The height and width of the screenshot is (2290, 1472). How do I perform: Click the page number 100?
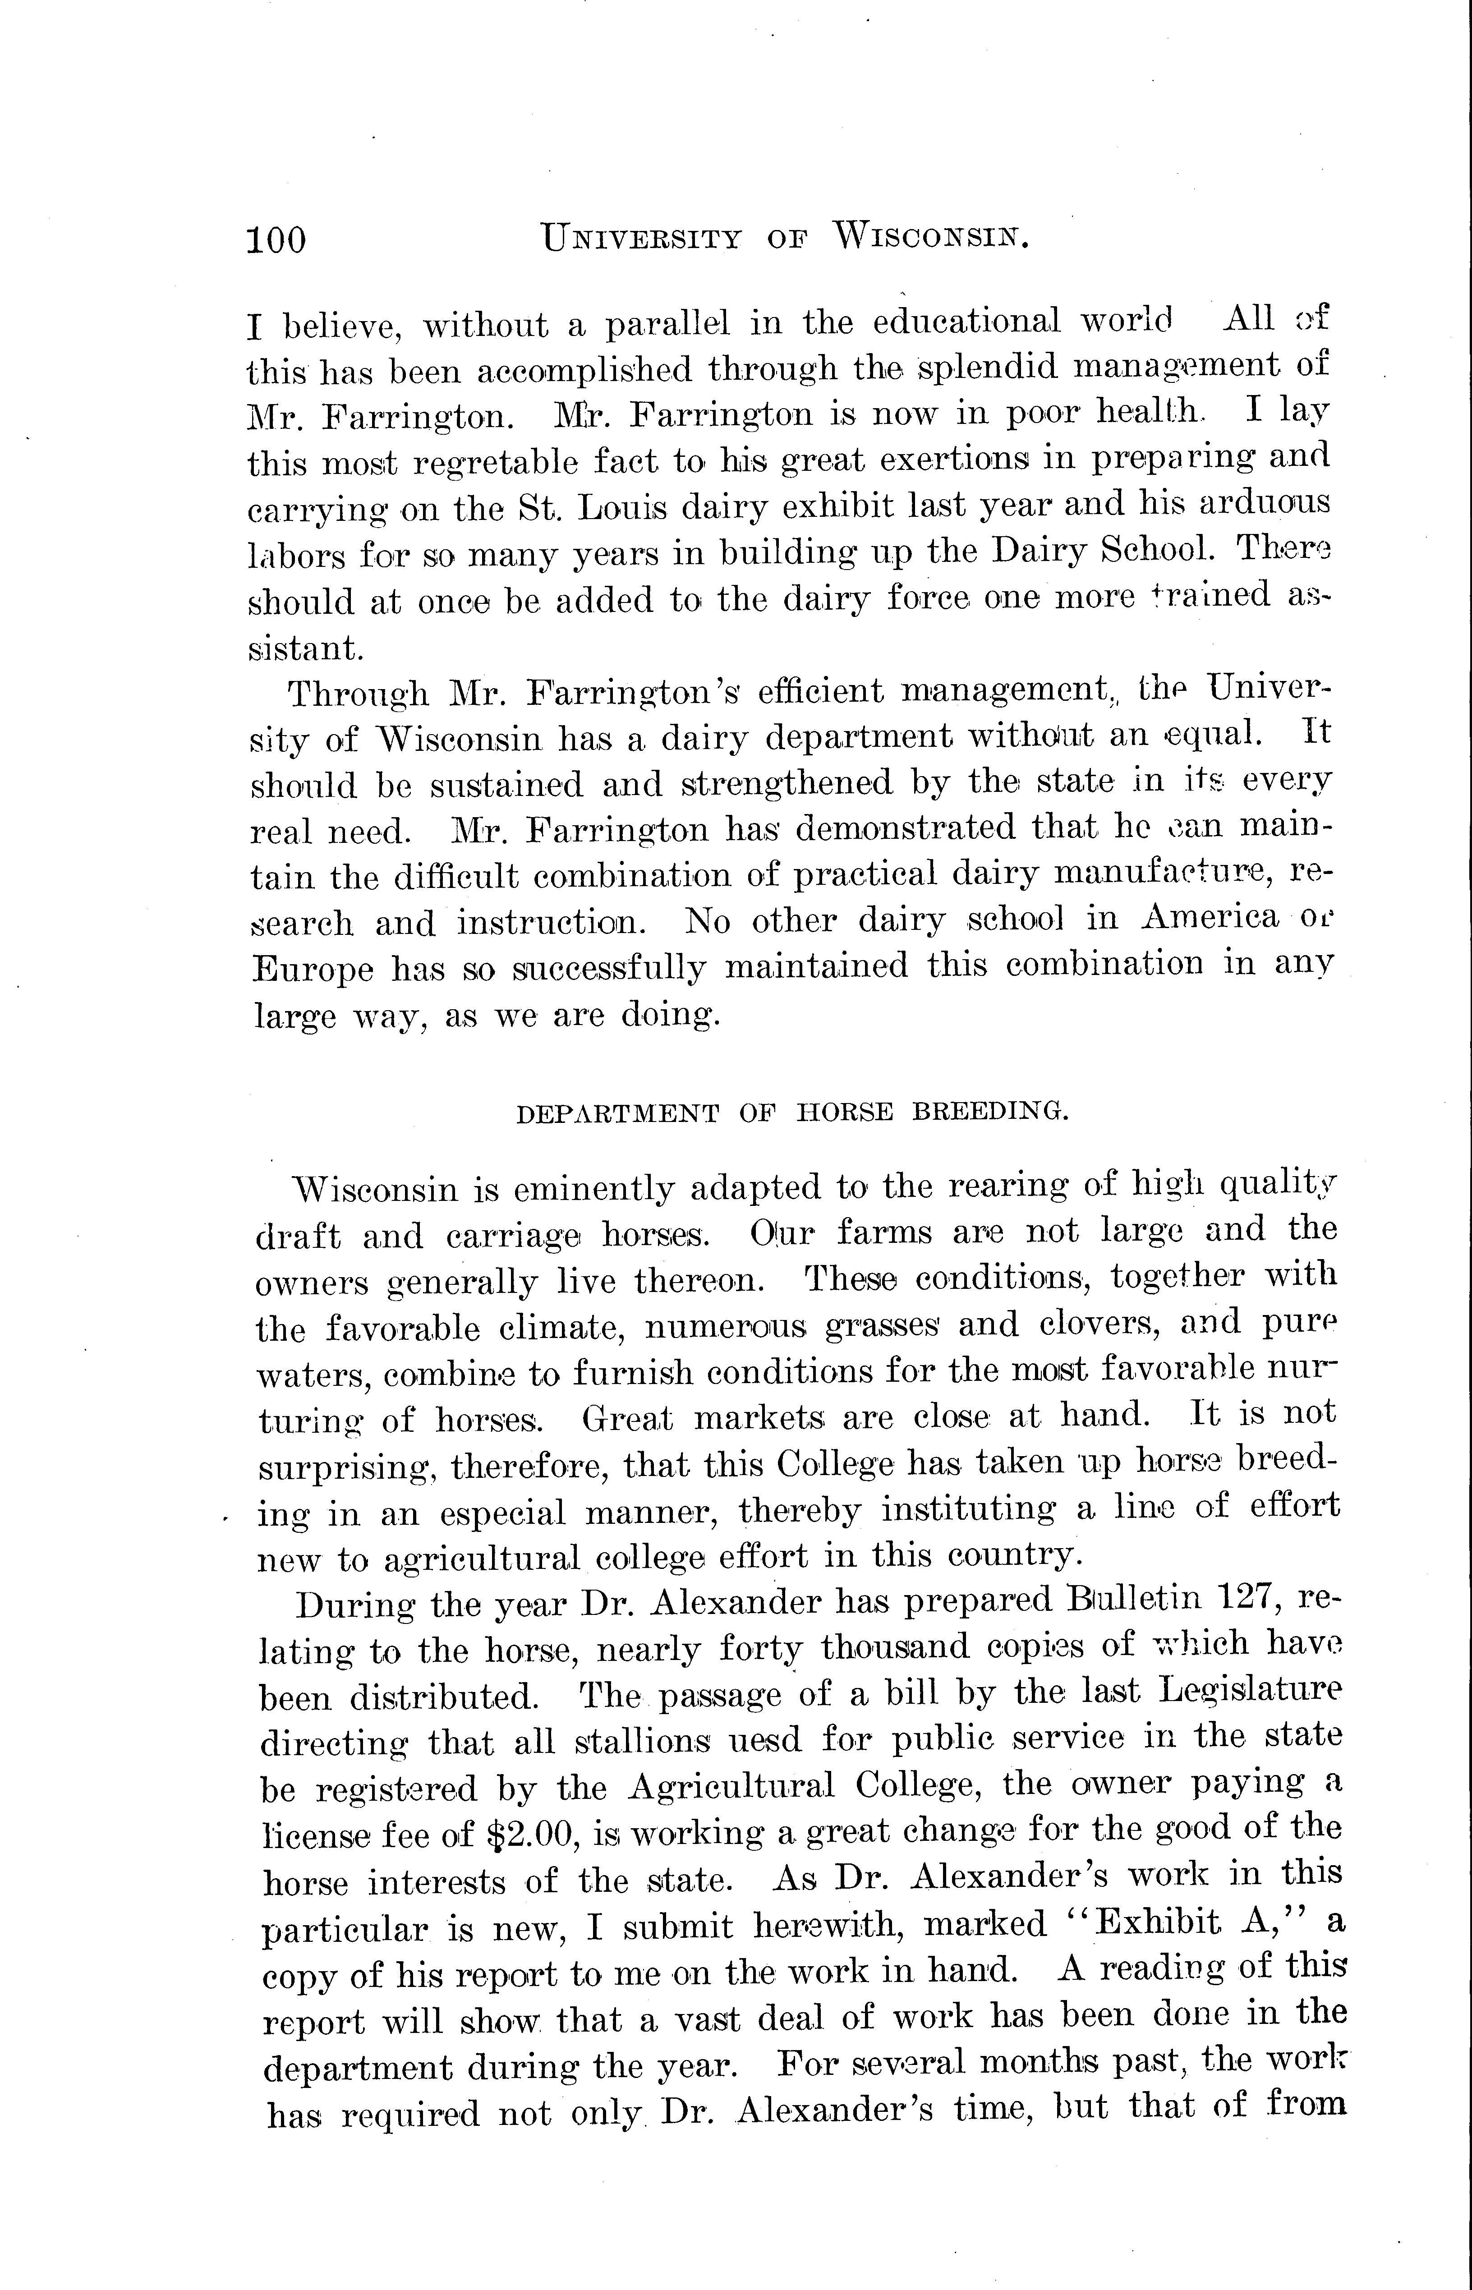pos(276,239)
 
